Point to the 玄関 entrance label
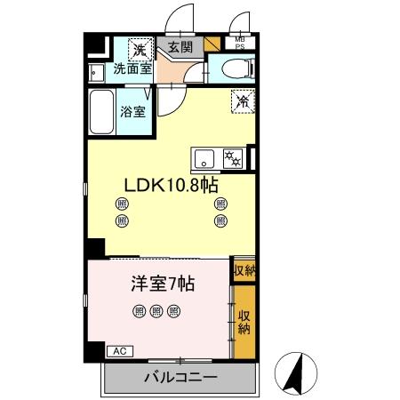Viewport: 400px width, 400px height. pyautogui.click(x=179, y=48)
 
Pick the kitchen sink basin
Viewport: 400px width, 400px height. pyautogui.click(x=205, y=159)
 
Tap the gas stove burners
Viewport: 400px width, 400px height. pyautogui.click(x=233, y=158)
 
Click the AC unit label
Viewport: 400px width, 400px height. pyautogui.click(x=117, y=352)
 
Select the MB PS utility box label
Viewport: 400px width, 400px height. pyautogui.click(x=241, y=42)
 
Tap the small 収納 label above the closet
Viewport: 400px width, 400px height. pyautogui.click(x=243, y=271)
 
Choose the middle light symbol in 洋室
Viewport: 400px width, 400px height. pyautogui.click(x=156, y=311)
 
